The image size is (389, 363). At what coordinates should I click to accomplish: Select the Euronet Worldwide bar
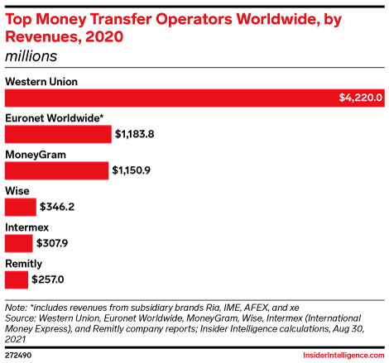(x=58, y=134)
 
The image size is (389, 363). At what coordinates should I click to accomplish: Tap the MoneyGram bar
(x=57, y=170)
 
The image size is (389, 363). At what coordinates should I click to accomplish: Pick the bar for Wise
(x=21, y=207)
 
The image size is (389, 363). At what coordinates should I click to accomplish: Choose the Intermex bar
(x=19, y=243)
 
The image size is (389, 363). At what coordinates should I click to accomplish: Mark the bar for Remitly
(x=17, y=279)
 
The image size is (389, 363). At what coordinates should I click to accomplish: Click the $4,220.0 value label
(x=360, y=98)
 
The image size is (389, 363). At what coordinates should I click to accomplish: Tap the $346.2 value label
(x=57, y=207)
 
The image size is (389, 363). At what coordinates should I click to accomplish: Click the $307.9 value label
(x=55, y=243)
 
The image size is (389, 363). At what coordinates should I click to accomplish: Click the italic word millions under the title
(x=31, y=56)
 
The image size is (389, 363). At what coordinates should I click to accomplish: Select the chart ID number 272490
(x=20, y=354)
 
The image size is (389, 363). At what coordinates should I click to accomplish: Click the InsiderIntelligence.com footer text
(x=340, y=354)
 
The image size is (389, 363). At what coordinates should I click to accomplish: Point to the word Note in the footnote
(x=17, y=306)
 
